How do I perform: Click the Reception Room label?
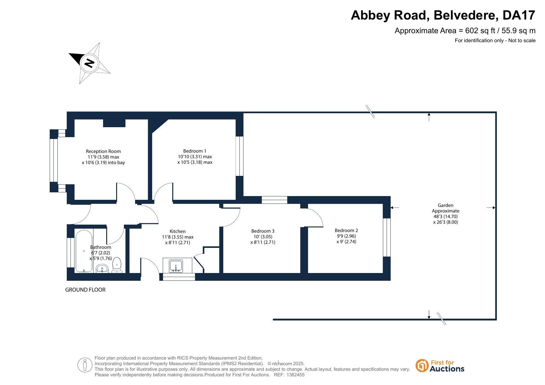click(x=103, y=151)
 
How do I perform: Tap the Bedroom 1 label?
click(x=195, y=151)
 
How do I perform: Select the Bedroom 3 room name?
click(x=263, y=231)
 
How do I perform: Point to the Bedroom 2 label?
click(x=346, y=231)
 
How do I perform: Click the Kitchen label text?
click(x=178, y=231)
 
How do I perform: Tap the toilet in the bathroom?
click(x=117, y=265)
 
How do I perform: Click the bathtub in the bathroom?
click(x=84, y=251)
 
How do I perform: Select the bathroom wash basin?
click(x=102, y=268)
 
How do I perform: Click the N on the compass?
click(x=89, y=63)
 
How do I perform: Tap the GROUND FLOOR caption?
click(x=85, y=290)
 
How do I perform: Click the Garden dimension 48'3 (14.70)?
click(x=446, y=217)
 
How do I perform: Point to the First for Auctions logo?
click(x=440, y=366)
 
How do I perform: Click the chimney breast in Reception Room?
click(x=114, y=123)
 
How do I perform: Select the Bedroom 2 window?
click(x=387, y=238)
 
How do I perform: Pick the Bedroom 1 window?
click(x=239, y=156)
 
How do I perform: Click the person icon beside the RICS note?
click(x=85, y=365)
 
